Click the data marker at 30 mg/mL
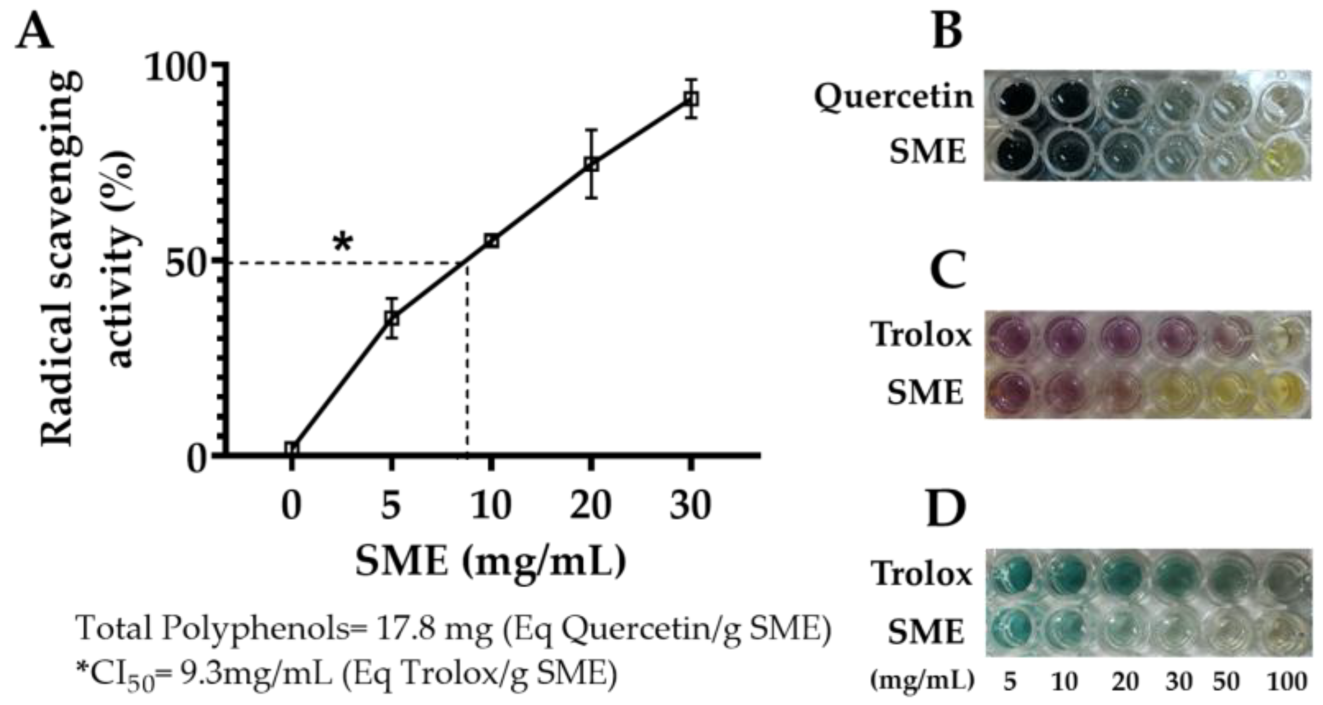691,99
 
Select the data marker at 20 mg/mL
591,164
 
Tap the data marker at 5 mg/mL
391,318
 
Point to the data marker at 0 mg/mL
292,449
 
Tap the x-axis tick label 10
491,505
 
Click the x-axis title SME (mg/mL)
491,561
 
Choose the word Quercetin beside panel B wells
893,97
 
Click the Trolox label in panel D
922,574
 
